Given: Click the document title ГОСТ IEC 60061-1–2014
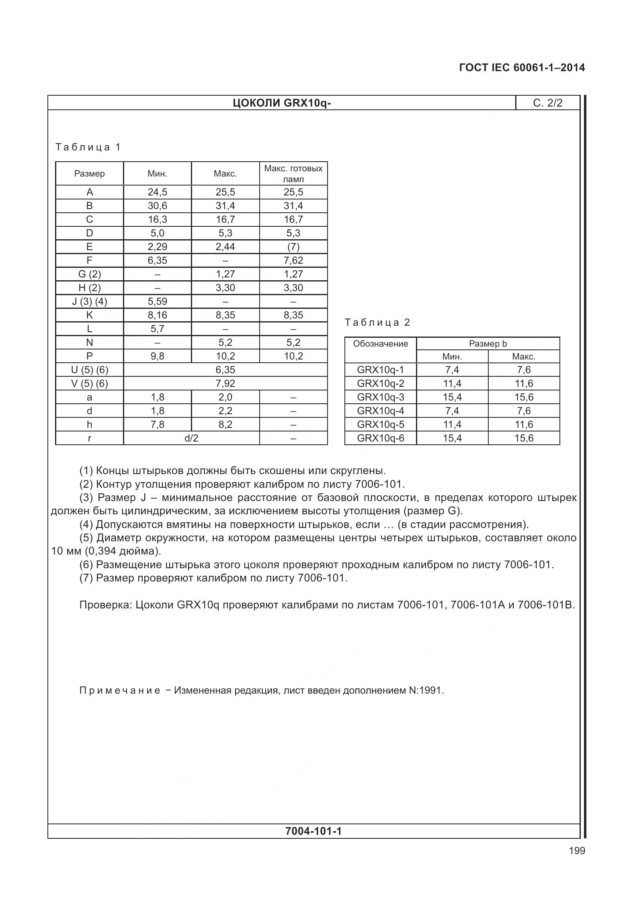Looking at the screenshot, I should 522,68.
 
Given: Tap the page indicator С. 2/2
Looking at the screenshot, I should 547,103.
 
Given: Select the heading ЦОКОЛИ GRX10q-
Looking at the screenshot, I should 282,103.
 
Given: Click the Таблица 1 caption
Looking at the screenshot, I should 88,147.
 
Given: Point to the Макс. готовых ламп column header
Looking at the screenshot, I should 293,173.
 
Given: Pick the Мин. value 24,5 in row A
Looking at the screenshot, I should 157,192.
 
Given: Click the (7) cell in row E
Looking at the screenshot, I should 293,246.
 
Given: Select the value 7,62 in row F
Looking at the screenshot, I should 293,260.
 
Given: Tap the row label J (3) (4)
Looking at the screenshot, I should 89,301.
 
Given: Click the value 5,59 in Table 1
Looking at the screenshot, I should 157,301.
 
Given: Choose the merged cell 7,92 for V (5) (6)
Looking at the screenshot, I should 225,383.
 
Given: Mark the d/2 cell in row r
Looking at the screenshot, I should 191,438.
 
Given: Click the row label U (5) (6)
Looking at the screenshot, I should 89,370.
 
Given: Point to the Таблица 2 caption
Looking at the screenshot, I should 377,322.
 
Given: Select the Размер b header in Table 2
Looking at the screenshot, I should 488,344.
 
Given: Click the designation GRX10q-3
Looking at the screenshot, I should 380,397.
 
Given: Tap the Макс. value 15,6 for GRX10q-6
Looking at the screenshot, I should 524,438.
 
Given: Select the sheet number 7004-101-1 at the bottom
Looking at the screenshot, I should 313,831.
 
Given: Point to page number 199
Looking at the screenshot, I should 577,850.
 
